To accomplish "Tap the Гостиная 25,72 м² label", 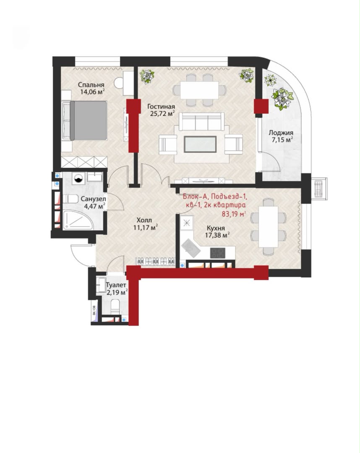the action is click(x=162, y=110).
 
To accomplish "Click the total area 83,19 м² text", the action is click(x=234, y=214).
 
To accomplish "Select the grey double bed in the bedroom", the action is click(x=85, y=120).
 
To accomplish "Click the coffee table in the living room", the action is click(x=200, y=144).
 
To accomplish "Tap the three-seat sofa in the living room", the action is click(x=201, y=122).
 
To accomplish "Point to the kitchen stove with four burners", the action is click(x=217, y=253).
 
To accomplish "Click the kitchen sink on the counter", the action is click(x=190, y=247).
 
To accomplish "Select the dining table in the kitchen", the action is click(x=268, y=226).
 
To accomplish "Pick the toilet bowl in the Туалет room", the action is click(x=115, y=306).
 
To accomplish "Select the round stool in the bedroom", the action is click(x=119, y=83).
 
